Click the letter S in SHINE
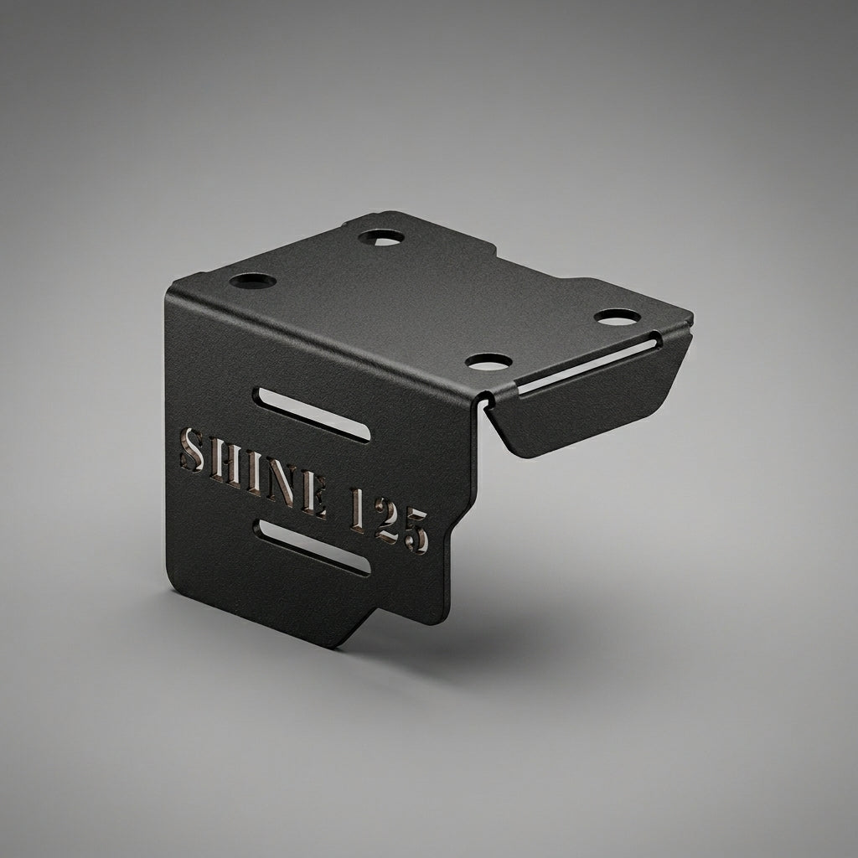click(x=192, y=449)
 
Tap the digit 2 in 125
click(x=387, y=523)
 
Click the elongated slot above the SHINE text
click(x=312, y=415)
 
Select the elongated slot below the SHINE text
click(x=313, y=547)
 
